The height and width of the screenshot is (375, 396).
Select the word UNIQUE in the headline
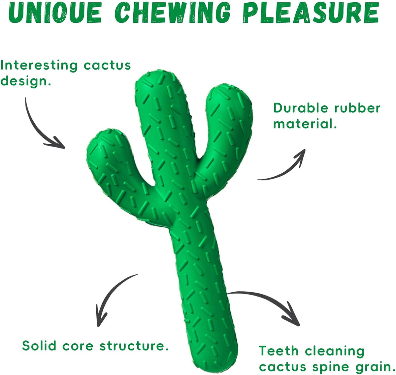[55, 13]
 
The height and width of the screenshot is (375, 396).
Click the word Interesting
[39, 66]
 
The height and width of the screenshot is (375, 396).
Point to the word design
[25, 81]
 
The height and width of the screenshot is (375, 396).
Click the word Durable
[301, 108]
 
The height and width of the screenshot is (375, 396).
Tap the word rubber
[357, 108]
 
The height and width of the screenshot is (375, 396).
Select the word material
[305, 123]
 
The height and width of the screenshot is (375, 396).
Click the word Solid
[39, 346]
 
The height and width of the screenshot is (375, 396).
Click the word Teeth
[279, 351]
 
